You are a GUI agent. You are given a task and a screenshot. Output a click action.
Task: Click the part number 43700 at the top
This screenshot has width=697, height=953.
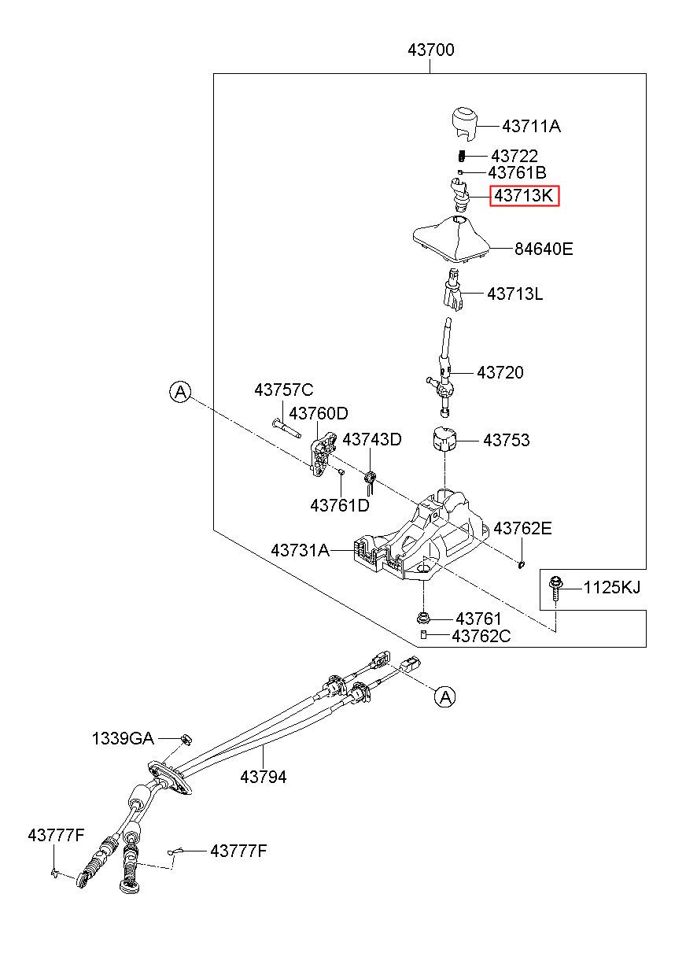pos(431,50)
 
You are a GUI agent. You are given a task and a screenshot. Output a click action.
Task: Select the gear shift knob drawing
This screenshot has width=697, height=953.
pos(464,124)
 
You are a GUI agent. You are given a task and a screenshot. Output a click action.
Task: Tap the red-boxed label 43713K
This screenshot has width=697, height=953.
pos(525,196)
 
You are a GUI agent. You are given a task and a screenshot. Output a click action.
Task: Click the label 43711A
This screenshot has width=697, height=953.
pos(531,127)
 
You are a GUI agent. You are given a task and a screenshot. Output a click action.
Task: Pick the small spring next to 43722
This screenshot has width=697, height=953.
pos(462,156)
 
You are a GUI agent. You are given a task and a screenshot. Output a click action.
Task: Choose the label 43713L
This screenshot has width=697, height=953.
pos(514,294)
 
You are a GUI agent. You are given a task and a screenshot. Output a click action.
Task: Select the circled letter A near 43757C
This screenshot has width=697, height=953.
pos(180,391)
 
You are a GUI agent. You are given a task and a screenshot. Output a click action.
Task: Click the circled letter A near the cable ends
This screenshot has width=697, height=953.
pos(444,697)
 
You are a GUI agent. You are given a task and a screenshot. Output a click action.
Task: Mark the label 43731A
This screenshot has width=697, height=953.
pos(301,550)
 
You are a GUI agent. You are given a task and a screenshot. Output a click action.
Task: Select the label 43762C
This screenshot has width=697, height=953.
pos(481,636)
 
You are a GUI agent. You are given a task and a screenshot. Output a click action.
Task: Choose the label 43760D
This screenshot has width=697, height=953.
pos(319,412)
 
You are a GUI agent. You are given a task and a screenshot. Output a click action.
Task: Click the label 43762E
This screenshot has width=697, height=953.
pos(522,528)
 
